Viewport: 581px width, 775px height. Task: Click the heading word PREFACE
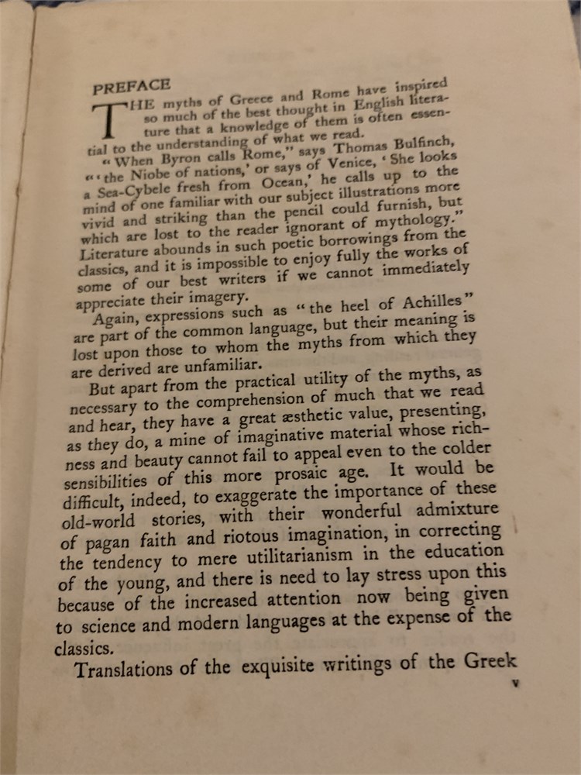[x=131, y=86]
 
